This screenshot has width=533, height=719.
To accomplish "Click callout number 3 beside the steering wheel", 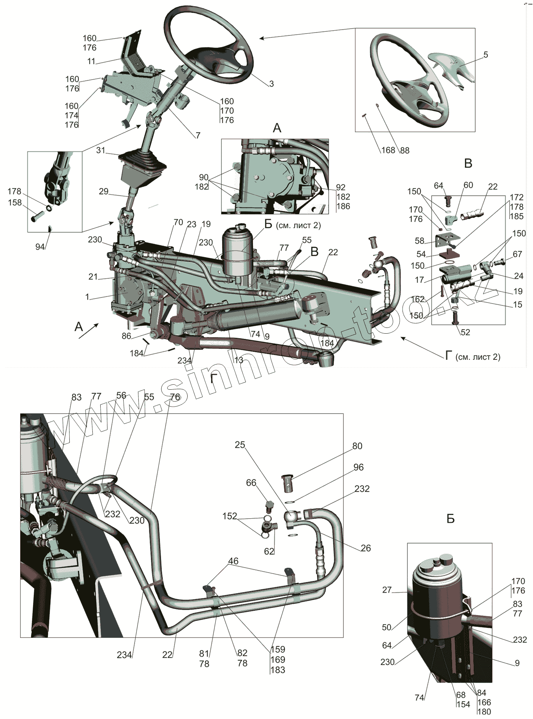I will click(271, 84).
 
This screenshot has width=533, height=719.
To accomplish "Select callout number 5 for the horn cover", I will click(486, 55).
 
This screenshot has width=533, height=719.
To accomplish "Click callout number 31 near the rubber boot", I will click(101, 150).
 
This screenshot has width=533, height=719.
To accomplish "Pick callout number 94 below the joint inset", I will click(40, 247).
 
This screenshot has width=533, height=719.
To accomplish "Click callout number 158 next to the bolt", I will click(15, 203).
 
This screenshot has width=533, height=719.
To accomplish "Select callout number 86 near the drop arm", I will click(126, 336).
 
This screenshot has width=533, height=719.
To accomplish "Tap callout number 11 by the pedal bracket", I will click(91, 61).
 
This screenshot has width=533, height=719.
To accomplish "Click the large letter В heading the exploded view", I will click(468, 164).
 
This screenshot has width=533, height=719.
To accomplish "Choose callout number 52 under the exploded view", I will click(465, 332).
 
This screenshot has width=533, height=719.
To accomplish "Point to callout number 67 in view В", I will click(517, 254).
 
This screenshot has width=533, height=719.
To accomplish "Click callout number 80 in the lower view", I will click(357, 446).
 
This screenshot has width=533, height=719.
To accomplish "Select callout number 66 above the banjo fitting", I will click(251, 482).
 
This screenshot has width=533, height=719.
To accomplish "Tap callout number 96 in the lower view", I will click(358, 467).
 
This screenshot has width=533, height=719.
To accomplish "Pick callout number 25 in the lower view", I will click(240, 445).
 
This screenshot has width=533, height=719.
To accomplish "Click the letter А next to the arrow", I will click(79, 326).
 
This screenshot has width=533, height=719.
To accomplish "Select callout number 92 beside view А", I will click(340, 187).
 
